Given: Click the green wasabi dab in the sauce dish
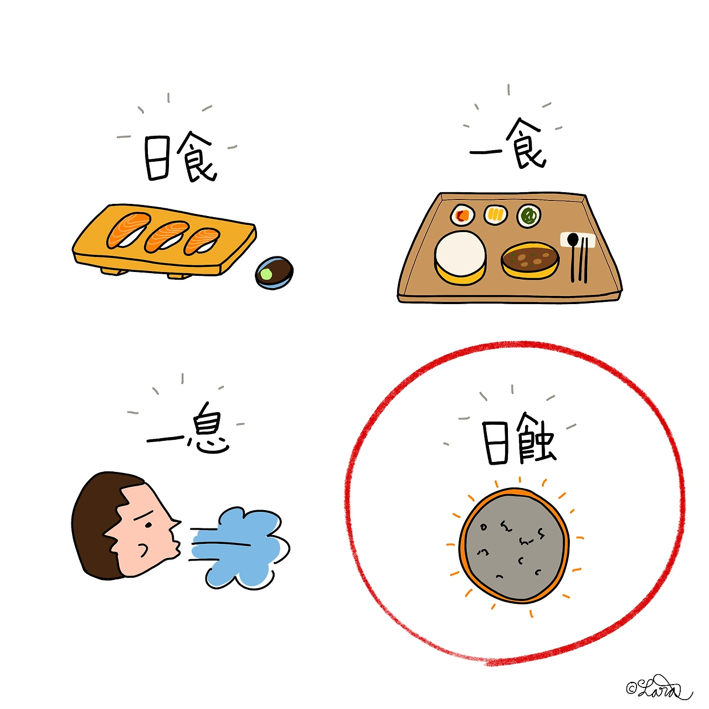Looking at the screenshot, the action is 265,274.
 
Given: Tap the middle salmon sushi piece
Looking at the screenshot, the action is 167,237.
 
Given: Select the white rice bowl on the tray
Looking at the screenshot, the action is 460,258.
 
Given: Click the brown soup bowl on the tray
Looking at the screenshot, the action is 530,260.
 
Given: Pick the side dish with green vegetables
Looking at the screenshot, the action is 528,215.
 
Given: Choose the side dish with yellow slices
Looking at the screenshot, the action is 495,214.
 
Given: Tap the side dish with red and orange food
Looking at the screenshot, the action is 462,215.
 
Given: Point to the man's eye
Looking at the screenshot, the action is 148,525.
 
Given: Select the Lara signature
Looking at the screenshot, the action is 659,687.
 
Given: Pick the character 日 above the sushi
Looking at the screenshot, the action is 157,158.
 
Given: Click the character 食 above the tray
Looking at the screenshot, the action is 525,143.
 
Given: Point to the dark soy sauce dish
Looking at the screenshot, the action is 274,273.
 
